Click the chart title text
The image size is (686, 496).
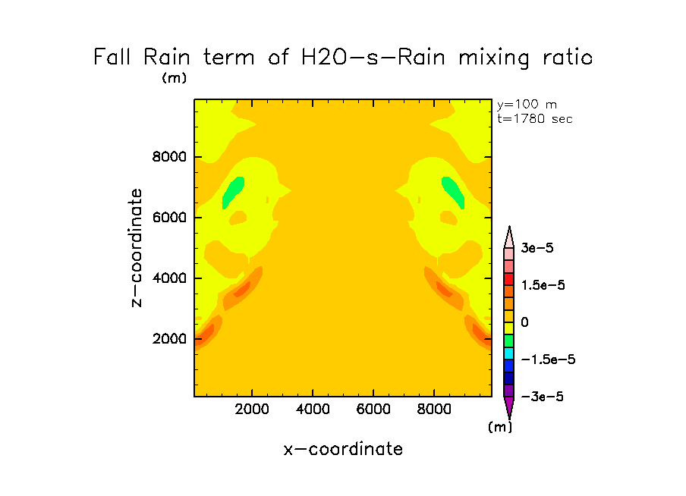343,58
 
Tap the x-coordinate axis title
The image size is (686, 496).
343,449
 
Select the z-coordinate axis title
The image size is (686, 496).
137,248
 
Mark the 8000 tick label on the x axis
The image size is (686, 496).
434,410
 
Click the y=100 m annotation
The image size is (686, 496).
526,105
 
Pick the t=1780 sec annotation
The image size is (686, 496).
534,118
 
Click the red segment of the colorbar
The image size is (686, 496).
509,279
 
